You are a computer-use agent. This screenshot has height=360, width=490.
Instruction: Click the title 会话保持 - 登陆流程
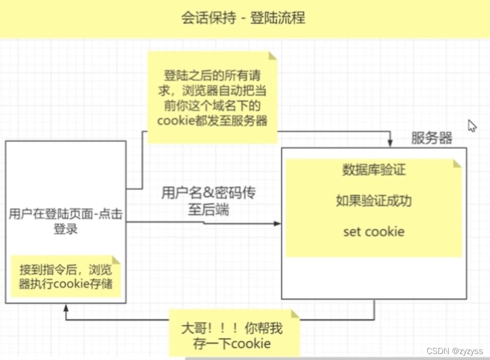coord(243,18)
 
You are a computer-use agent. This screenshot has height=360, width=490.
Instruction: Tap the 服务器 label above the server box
coord(431,138)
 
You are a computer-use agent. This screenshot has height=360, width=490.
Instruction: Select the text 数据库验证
coord(373,170)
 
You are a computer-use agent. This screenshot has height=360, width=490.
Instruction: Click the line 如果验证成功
coord(373,201)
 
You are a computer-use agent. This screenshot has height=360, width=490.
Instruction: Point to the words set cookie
coord(373,231)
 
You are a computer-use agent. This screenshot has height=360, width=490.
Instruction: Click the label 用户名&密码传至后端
coord(208,201)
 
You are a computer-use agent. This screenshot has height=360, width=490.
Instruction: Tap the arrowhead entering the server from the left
coord(277,223)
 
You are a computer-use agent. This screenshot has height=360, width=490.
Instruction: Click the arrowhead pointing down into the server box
coord(390,143)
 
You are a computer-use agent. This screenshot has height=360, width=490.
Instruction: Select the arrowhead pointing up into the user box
coord(66,308)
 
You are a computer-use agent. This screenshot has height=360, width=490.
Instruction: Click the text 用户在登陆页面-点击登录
coord(65,221)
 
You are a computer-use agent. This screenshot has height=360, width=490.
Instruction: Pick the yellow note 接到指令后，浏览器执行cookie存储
coord(65,276)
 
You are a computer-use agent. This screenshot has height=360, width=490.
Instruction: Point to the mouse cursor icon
coord(472,126)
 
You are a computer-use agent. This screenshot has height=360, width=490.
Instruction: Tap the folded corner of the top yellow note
coord(272,56)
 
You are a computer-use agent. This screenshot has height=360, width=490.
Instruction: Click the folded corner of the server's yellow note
coord(457,164)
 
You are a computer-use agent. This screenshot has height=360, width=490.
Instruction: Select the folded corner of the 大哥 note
coord(295,314)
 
